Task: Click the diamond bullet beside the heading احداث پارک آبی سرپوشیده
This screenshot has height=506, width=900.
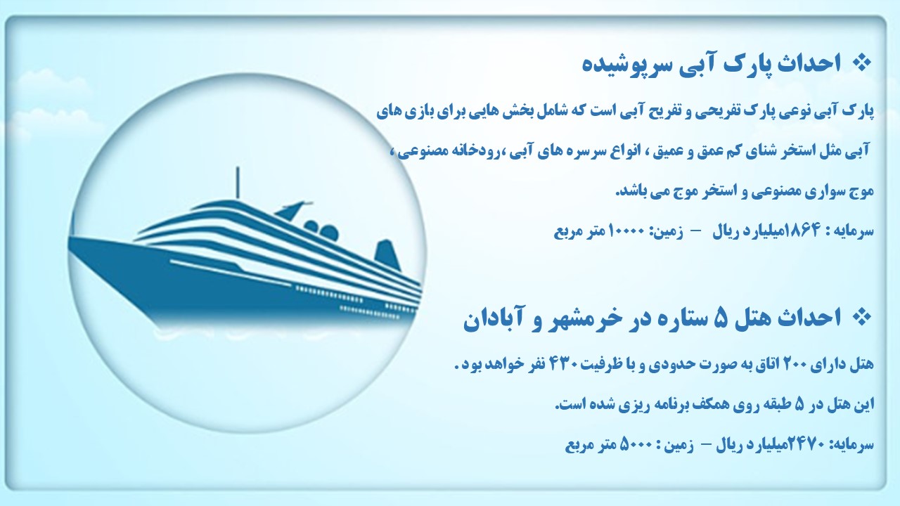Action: (861, 63)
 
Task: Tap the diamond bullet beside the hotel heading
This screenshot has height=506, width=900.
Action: (861, 317)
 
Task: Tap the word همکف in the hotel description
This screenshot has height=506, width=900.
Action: (726, 405)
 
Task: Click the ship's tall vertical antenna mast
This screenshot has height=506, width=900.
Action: (238, 182)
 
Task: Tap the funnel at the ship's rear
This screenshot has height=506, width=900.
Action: (387, 254)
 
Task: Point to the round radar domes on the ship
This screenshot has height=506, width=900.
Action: (321, 229)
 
